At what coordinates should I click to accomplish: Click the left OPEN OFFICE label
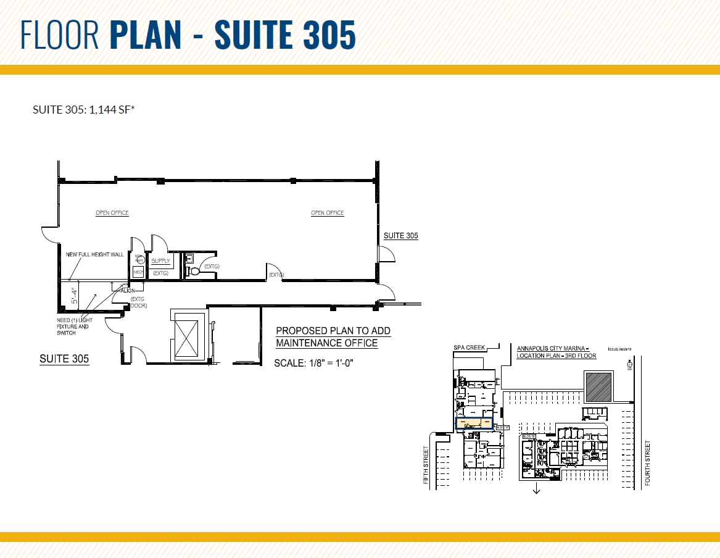tap(112, 213)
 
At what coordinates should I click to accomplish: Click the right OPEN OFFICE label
tap(327, 213)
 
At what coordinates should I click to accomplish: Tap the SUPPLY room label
tap(160, 261)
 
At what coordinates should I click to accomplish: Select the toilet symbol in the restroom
tap(195, 270)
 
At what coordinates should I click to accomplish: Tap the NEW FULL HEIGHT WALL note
tap(94, 254)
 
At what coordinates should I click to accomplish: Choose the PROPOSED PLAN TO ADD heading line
tap(333, 331)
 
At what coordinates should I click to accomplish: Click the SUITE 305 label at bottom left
tap(64, 359)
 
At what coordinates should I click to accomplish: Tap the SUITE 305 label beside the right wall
tap(401, 236)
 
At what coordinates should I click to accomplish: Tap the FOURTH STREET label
tap(647, 462)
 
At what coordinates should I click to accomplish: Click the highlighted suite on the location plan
tap(474, 423)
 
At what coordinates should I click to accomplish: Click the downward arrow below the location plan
tap(537, 489)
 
